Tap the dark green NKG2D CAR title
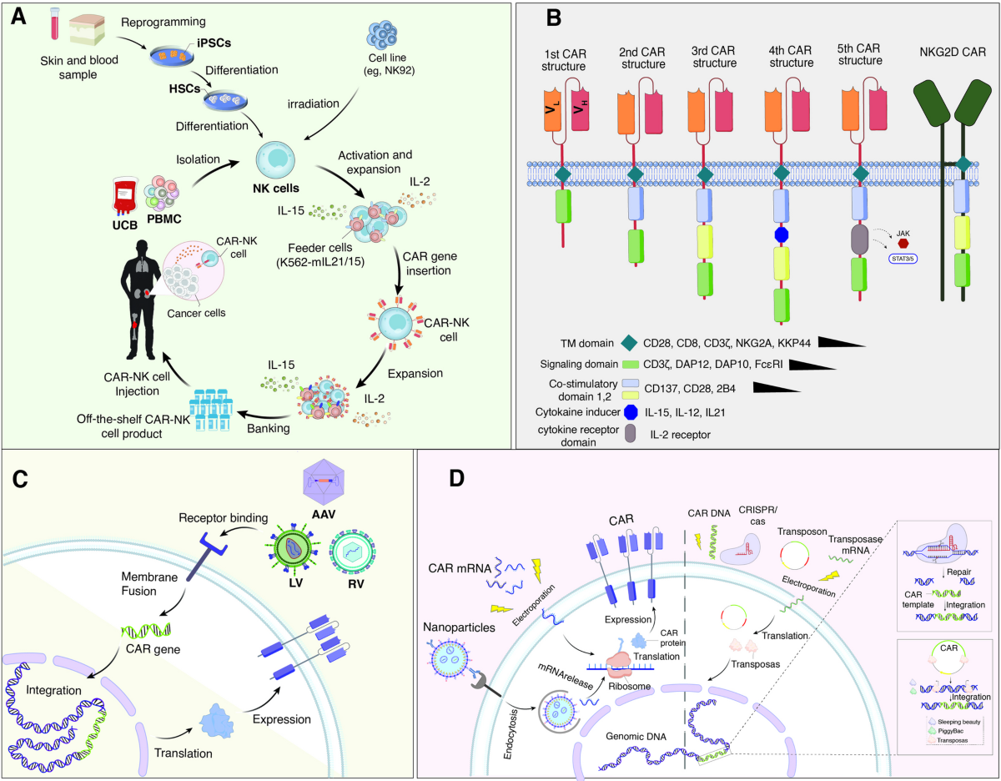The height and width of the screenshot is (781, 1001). [948, 53]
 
